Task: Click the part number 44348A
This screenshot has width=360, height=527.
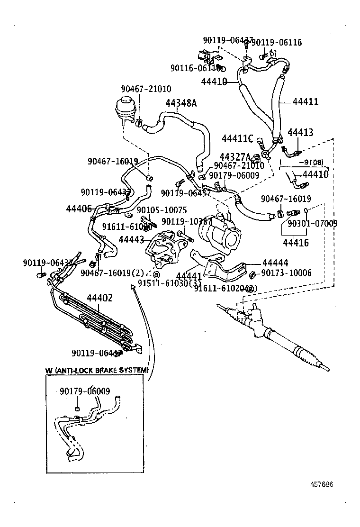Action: [x=180, y=102]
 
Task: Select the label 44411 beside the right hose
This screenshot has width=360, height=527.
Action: [x=305, y=101]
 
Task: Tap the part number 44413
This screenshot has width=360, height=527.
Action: [x=300, y=132]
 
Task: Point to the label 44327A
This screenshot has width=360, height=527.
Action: [x=235, y=156]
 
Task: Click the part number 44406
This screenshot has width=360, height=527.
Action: [x=79, y=208]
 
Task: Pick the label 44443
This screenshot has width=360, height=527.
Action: [x=131, y=240]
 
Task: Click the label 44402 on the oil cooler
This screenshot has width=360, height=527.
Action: [x=99, y=298]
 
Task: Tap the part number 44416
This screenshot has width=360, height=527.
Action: [x=296, y=243]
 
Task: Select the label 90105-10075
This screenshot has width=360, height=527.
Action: [x=162, y=210]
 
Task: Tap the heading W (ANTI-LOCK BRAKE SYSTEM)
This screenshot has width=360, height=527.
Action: [x=97, y=370]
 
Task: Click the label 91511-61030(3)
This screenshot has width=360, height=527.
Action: [x=169, y=283]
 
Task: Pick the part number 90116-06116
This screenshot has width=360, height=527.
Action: [x=195, y=68]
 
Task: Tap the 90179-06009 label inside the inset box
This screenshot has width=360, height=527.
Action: [x=85, y=391]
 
